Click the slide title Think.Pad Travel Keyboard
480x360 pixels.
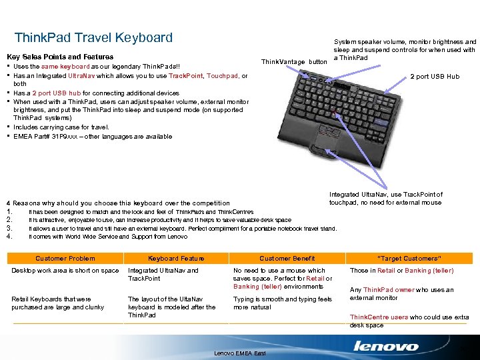(93, 38)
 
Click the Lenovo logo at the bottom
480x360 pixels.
(386, 347)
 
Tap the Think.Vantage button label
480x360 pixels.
(294, 61)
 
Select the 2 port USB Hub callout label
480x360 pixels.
(435, 77)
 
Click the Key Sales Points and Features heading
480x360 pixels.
(59, 57)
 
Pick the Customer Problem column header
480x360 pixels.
(65, 258)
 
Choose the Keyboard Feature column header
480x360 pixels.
(176, 258)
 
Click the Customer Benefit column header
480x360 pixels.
(287, 258)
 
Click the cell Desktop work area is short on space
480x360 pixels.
(65, 271)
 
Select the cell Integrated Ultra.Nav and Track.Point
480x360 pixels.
(163, 275)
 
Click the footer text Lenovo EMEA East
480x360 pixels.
(240, 353)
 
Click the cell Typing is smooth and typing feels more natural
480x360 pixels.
(283, 303)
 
